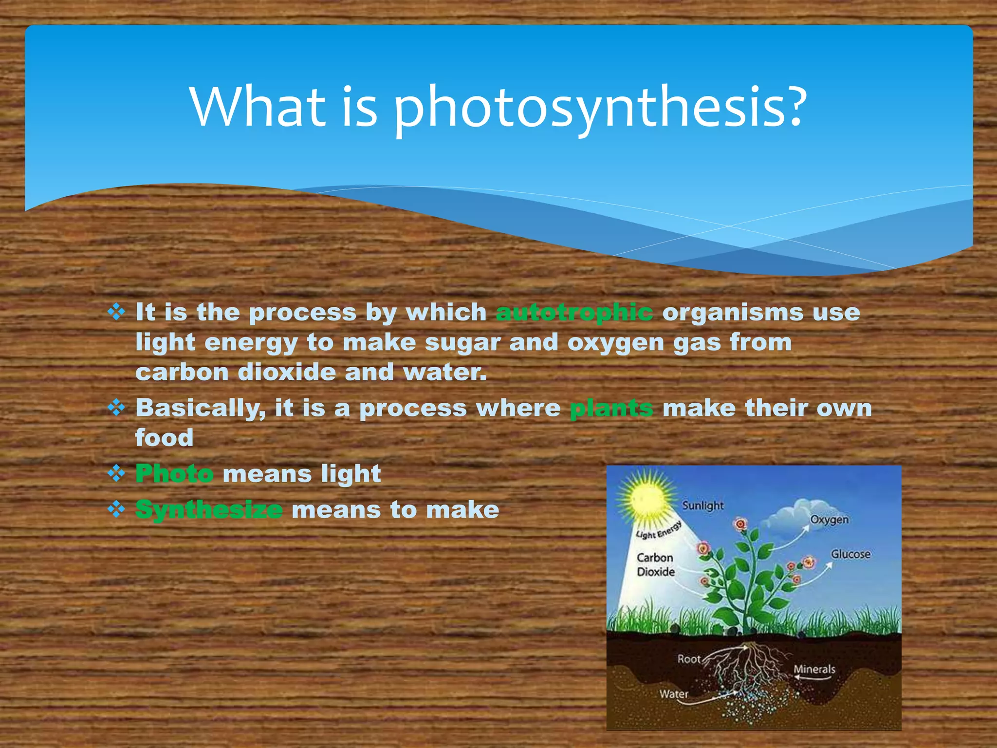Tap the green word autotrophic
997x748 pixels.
click(574, 313)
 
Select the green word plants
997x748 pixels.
click(611, 408)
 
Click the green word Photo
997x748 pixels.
click(174, 473)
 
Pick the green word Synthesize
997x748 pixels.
click(209, 510)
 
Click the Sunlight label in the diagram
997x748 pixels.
click(702, 505)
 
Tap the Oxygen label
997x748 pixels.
click(829, 520)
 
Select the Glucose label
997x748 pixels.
click(850, 554)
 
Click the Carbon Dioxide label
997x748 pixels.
click(655, 564)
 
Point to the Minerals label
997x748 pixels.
click(814, 669)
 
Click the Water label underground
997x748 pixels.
click(674, 693)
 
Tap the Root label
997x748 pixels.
click(688, 659)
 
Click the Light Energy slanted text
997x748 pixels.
click(658, 531)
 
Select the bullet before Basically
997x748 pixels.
click(116, 407)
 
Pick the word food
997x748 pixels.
click(164, 438)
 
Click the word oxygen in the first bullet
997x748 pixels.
click(615, 343)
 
